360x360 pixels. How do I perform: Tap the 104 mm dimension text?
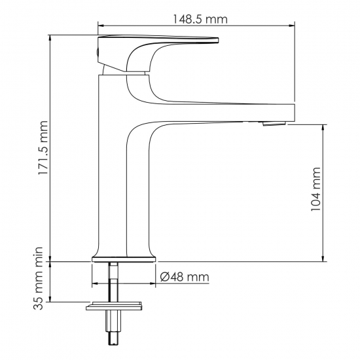[x=316, y=191]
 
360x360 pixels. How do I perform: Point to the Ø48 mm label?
[x=185, y=278]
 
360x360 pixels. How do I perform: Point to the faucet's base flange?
[x=124, y=258]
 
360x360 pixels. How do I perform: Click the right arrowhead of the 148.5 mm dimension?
[x=291, y=26]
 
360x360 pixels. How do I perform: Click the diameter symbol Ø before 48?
[x=165, y=278]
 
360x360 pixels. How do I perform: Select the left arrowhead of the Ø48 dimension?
[x=94, y=283]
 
